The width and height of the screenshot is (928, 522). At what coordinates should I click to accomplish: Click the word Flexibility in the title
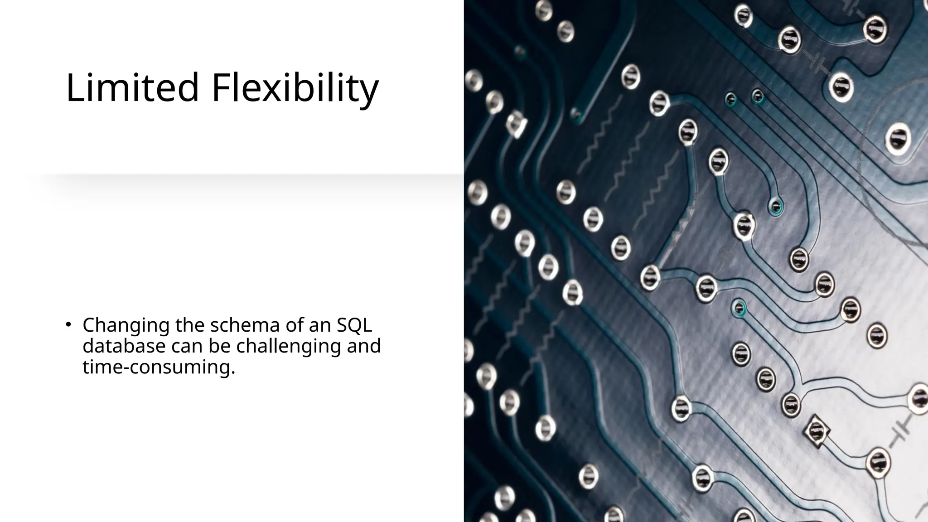tap(295, 88)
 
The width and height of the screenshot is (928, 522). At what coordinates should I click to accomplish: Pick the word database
tap(124, 346)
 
